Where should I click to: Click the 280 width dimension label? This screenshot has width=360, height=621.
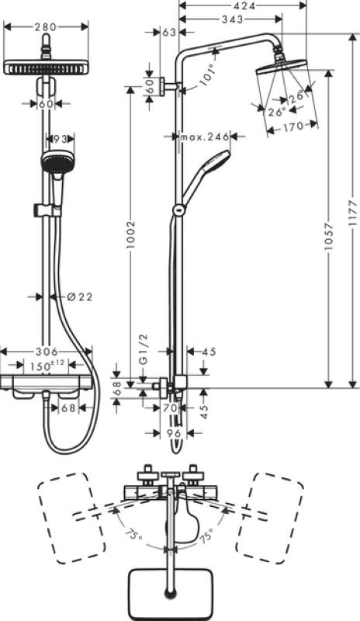[45, 27]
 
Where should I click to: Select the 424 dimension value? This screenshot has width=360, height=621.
[243, 5]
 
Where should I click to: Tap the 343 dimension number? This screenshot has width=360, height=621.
[232, 19]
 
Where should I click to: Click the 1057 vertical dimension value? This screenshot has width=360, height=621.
[329, 238]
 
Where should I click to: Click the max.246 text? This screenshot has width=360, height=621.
[205, 137]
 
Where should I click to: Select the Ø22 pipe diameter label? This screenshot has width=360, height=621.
[80, 297]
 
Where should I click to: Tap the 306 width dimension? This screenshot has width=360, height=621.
[47, 352]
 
